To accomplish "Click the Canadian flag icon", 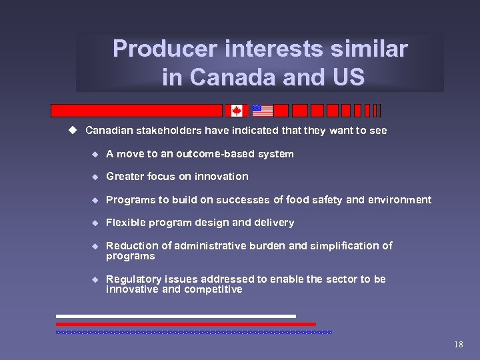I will pyautogui.click(x=237, y=111).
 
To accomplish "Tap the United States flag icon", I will pyautogui.click(x=263, y=111).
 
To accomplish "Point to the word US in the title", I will pyautogui.click(x=345, y=77).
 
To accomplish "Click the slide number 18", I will pyautogui.click(x=458, y=345).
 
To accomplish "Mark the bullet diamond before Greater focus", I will pyautogui.click(x=95, y=177).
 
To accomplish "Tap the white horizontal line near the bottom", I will pyautogui.click(x=175, y=316).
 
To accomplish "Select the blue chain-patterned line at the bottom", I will pyautogui.click(x=193, y=331).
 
